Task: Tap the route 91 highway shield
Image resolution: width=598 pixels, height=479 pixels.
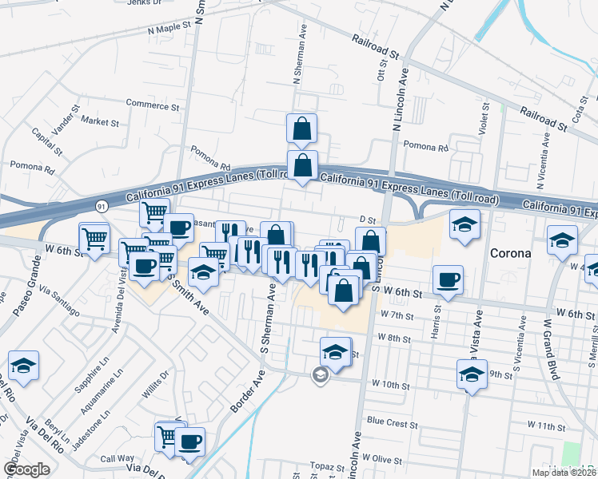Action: click(102, 205)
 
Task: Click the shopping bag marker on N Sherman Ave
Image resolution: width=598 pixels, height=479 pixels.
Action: click(302, 128)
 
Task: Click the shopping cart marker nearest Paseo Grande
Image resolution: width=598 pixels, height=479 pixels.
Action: click(94, 238)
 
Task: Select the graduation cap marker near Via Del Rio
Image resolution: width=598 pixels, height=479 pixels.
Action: click(24, 366)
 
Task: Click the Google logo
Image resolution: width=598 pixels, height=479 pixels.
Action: click(26, 469)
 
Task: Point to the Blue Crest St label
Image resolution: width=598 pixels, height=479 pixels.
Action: click(387, 421)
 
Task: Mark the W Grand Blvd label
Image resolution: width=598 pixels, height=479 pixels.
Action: click(552, 350)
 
